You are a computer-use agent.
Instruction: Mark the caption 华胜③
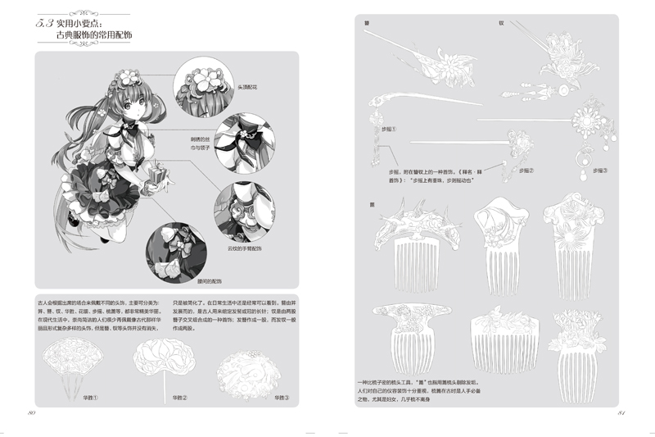tap(281, 399)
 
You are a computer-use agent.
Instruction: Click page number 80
tap(31, 412)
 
